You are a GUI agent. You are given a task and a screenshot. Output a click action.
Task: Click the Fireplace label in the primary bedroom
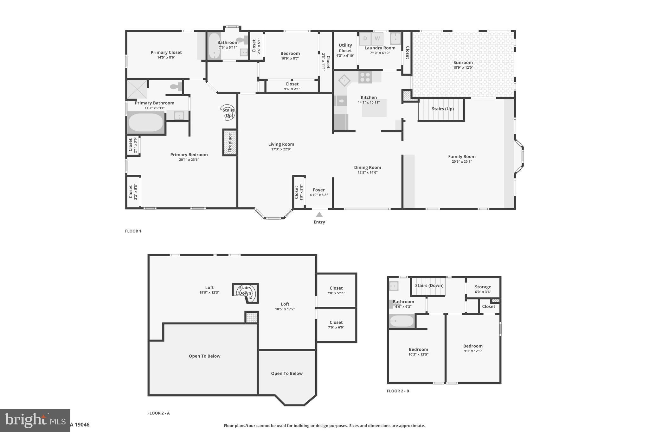click(230, 142)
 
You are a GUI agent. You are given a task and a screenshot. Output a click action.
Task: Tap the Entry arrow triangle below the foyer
click(319, 215)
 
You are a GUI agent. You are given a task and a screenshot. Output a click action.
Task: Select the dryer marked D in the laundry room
click(365, 39)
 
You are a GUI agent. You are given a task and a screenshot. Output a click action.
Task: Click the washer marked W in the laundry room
click(377, 39)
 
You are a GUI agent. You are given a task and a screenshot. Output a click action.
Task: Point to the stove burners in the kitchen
click(365, 77)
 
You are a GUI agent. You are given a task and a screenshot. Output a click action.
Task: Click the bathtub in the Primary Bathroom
click(146, 123)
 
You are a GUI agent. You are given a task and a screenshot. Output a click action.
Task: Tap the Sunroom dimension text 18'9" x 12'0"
click(463, 67)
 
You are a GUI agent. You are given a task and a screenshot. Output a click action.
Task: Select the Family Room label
click(462, 156)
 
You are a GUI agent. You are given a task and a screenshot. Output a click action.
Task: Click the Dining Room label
click(368, 167)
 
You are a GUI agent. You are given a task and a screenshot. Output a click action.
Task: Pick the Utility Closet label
click(345, 48)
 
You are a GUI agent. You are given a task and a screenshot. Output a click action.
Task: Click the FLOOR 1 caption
click(133, 231)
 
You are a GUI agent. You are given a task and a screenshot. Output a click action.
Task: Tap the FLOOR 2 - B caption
click(398, 391)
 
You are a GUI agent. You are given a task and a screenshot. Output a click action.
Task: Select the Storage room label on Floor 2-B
click(483, 287)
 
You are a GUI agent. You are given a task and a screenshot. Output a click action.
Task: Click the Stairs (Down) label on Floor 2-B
click(429, 285)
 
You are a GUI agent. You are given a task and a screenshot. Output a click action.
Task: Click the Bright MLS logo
click(35, 420)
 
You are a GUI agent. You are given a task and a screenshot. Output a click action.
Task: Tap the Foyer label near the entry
click(319, 190)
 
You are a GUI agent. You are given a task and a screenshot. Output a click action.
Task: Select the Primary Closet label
click(166, 53)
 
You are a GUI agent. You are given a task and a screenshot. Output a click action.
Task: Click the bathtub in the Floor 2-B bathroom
click(402, 322)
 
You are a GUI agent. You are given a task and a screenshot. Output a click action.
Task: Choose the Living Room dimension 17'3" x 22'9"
click(281, 149)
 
